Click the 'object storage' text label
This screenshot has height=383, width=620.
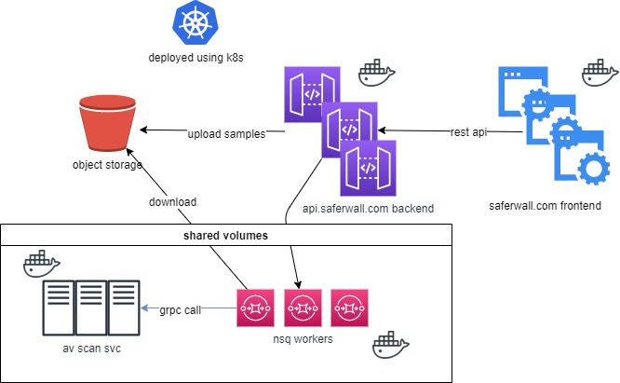(x=107, y=166)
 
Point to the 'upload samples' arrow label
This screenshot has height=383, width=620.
(x=227, y=133)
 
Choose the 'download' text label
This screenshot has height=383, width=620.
(x=172, y=201)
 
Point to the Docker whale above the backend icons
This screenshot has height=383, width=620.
(x=377, y=71)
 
